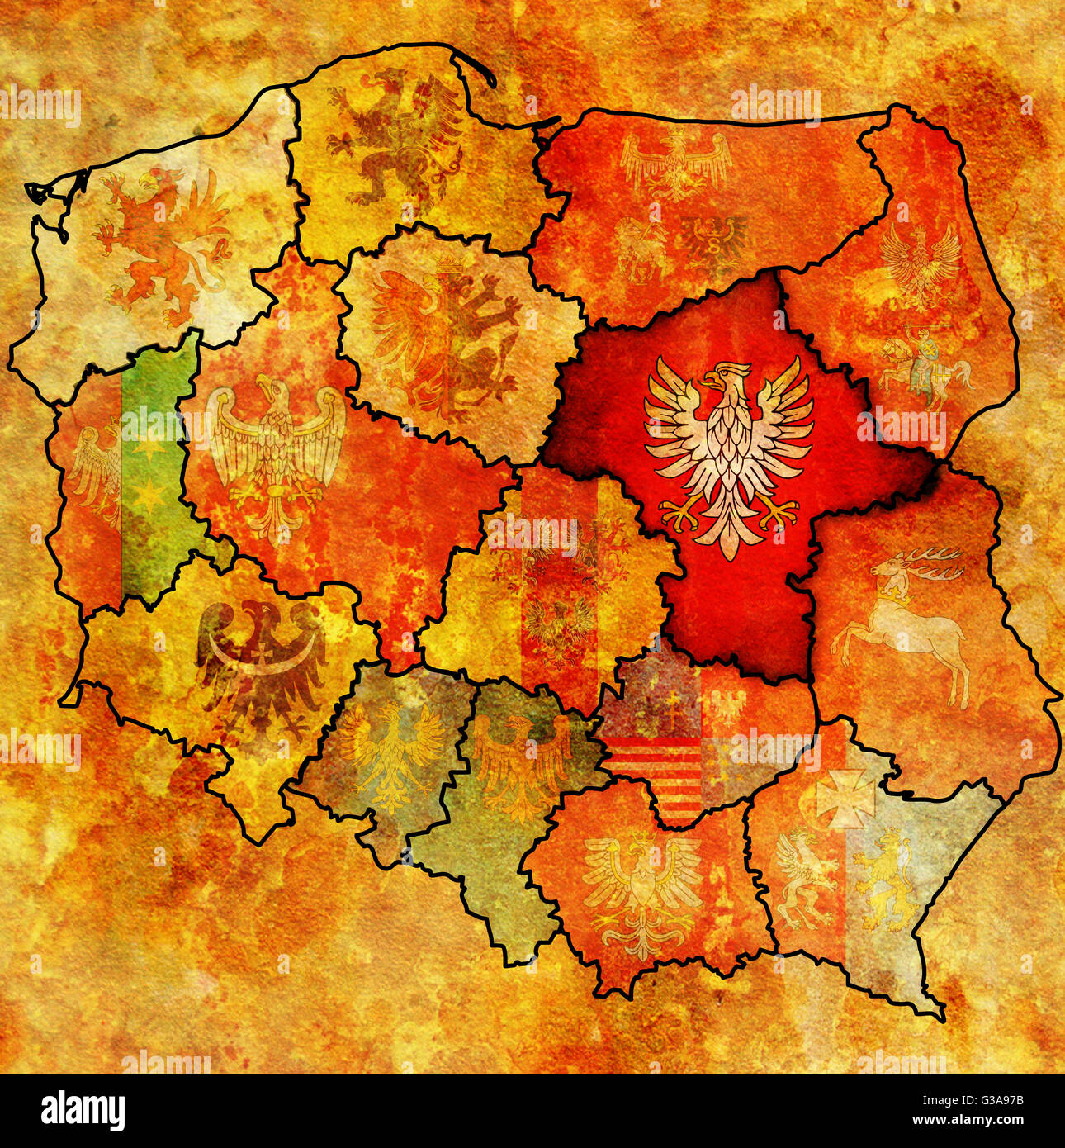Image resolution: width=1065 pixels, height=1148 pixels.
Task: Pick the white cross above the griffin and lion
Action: [845, 797]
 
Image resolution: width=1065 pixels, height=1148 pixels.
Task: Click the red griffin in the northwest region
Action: [161, 244]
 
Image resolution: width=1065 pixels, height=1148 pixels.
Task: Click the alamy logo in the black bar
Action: [83, 1111]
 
